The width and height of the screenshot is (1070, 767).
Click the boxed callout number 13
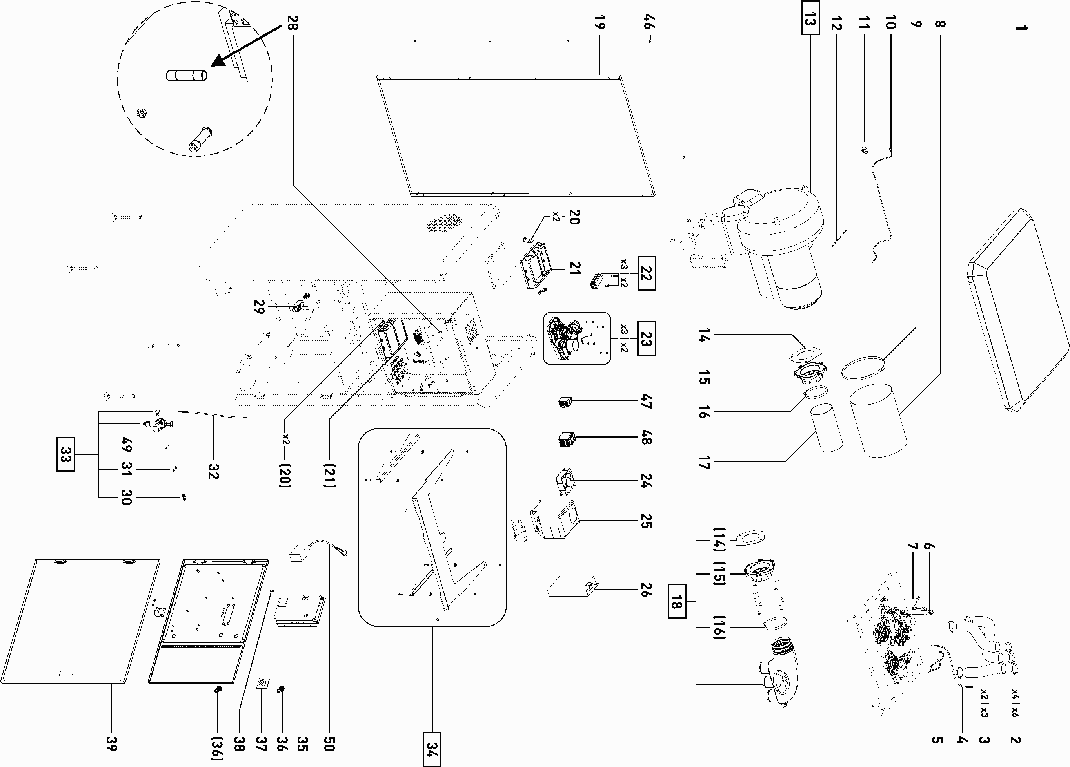pyautogui.click(x=810, y=19)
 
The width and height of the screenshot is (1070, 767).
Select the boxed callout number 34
pyautogui.click(x=432, y=749)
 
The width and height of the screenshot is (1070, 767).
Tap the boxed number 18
pyautogui.click(x=676, y=601)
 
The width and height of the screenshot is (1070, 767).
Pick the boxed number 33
pyautogui.click(x=65, y=454)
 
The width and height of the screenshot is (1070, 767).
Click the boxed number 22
pyautogui.click(x=646, y=273)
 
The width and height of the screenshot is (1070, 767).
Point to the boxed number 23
pyautogui.click(x=646, y=338)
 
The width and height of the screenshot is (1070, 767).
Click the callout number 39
pyautogui.click(x=112, y=743)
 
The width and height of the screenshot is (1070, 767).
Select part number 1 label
pyautogui.click(x=1021, y=28)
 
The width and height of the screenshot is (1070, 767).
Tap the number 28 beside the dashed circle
pyautogui.click(x=292, y=23)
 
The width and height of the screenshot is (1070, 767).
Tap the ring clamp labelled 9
pyautogui.click(x=863, y=368)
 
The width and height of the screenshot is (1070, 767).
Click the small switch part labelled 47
pyautogui.click(x=564, y=402)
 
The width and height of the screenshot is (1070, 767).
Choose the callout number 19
pyautogui.click(x=599, y=22)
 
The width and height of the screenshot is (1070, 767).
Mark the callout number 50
pyautogui.click(x=329, y=743)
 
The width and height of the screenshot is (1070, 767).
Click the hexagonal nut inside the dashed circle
pyautogui.click(x=141, y=113)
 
